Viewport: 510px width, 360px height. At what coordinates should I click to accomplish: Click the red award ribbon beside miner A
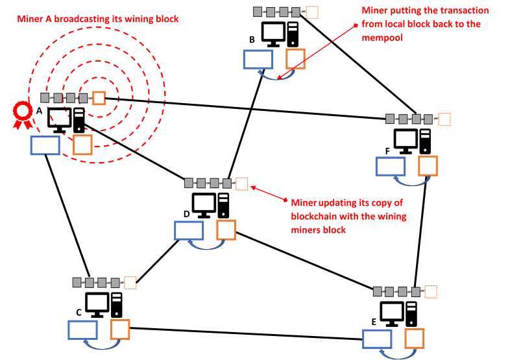coord(23,114)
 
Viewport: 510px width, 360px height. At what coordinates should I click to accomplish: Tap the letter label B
coord(252,40)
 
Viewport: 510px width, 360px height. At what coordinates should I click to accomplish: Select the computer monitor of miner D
coord(204,204)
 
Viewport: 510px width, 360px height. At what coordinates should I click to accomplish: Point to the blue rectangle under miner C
coord(83,330)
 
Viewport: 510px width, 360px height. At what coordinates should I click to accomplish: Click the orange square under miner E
coord(413,337)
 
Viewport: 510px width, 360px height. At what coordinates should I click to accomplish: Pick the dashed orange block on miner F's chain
coord(444,119)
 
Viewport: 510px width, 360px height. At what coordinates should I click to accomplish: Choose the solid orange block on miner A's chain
coord(99,98)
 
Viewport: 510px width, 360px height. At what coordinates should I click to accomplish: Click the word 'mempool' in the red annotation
coord(382,37)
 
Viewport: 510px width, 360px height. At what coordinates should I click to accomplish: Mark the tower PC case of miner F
coord(425,141)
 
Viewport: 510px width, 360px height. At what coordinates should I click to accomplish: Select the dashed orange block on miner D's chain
coord(242,183)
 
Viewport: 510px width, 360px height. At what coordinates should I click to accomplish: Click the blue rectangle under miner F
coord(391,166)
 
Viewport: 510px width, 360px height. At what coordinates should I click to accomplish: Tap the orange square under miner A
coord(82,144)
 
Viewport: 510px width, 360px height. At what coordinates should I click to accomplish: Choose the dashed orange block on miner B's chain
coord(311,12)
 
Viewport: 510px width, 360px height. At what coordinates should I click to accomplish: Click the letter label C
coord(79,312)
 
